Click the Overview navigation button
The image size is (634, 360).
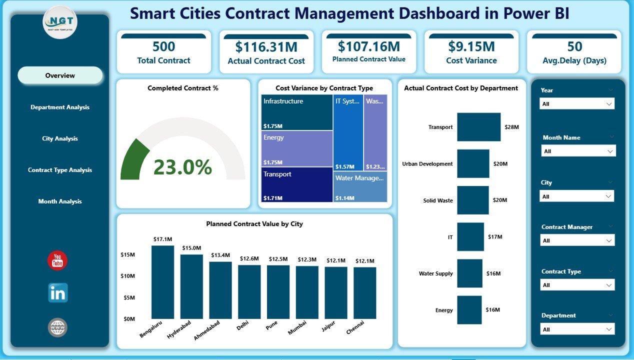(x=60, y=75)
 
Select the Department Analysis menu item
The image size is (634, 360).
(x=60, y=107)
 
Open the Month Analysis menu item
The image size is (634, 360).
(x=60, y=201)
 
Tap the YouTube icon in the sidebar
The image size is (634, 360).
(x=57, y=261)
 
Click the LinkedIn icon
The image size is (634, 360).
(x=57, y=293)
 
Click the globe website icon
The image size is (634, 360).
(x=57, y=327)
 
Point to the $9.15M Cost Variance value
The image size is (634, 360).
(x=471, y=46)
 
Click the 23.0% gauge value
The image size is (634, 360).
(x=182, y=167)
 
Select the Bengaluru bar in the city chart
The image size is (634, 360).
(x=162, y=282)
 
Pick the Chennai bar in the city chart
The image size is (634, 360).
(x=364, y=293)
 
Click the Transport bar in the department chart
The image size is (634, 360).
(x=478, y=127)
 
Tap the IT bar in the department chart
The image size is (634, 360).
(x=470, y=237)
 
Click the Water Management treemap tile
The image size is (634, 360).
(x=360, y=186)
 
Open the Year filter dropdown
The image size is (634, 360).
(x=577, y=104)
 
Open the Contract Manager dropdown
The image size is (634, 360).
(x=577, y=240)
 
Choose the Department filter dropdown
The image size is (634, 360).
(x=577, y=329)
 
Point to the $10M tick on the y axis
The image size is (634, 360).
(x=127, y=276)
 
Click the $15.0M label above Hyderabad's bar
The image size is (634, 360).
(x=191, y=248)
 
